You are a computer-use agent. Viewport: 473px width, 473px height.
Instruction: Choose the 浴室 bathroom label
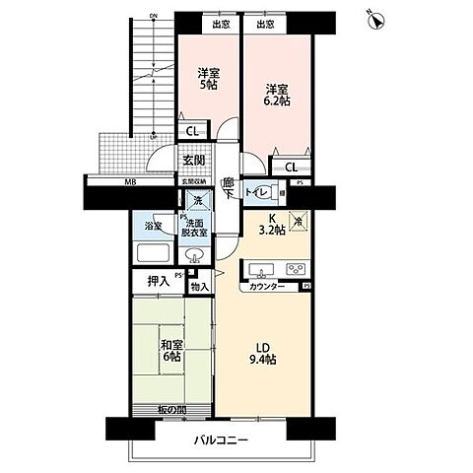pyautogui.click(x=155, y=226)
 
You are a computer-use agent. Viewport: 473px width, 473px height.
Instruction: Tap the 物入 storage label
pyautogui.click(x=199, y=287)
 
